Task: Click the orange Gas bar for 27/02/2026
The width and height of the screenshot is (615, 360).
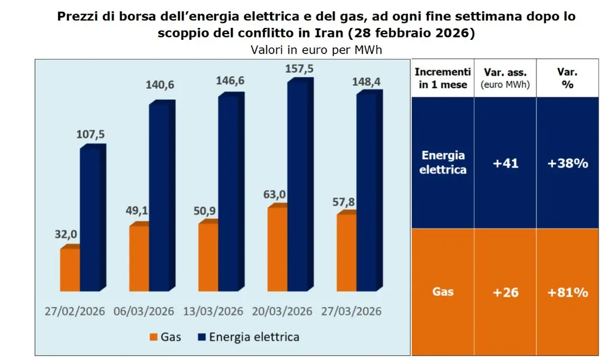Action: click(70, 269)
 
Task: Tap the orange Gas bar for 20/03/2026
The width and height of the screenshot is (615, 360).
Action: click(276, 249)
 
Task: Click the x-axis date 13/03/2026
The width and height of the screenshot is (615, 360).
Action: click(213, 311)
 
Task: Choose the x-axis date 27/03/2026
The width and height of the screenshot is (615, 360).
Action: click(352, 311)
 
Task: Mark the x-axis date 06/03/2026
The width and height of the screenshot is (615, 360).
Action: click(144, 311)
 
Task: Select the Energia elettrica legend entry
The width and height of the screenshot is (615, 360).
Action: click(254, 337)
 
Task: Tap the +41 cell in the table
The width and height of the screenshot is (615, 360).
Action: click(505, 163)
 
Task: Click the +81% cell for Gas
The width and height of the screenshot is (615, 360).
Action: click(567, 292)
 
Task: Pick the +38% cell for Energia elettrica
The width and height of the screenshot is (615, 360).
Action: click(567, 163)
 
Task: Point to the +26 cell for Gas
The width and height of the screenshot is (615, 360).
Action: click(505, 292)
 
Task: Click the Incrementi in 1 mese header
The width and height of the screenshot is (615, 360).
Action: click(443, 78)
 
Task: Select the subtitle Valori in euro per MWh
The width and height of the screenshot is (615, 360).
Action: click(316, 49)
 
